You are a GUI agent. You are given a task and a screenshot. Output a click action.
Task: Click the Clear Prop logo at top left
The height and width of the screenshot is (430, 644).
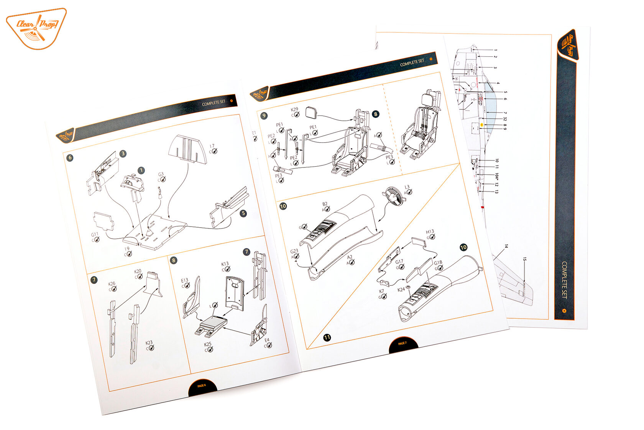(x=36, y=28)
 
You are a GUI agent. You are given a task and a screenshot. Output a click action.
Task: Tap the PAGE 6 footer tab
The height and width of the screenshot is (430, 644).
(x=202, y=386)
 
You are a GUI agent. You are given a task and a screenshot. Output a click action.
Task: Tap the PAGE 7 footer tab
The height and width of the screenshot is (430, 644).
(x=402, y=343)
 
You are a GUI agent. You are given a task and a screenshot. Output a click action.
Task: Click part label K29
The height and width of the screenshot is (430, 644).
(x=294, y=110)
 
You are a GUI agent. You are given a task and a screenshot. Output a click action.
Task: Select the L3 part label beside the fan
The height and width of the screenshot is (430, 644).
(x=407, y=187)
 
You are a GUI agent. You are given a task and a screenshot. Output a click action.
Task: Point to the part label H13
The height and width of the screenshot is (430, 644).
(x=430, y=232)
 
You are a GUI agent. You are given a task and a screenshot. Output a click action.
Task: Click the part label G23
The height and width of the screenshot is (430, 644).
(x=294, y=252)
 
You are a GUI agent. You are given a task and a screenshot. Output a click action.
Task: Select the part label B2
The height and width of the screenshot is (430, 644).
(x=325, y=205)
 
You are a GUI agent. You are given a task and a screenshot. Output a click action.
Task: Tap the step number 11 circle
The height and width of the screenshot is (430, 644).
(x=327, y=337)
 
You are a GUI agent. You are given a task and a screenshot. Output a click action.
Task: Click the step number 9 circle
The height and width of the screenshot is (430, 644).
(x=264, y=116)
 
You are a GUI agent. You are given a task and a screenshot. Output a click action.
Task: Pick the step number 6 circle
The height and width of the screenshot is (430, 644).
(x=70, y=158)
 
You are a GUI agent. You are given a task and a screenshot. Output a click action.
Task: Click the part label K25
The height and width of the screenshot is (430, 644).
(x=208, y=344)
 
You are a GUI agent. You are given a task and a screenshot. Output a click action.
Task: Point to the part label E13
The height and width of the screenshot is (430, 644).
(x=185, y=281)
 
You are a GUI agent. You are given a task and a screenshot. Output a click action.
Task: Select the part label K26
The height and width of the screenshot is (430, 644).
(x=112, y=284)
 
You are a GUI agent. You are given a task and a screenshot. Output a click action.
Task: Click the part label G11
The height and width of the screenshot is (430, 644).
(x=95, y=235)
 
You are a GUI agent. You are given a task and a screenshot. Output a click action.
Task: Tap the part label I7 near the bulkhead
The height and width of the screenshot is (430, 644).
(x=212, y=147)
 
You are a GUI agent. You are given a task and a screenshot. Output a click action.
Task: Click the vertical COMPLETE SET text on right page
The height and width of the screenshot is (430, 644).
(x=564, y=279)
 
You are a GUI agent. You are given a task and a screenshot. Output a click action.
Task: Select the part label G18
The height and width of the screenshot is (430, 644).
(x=438, y=263)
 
